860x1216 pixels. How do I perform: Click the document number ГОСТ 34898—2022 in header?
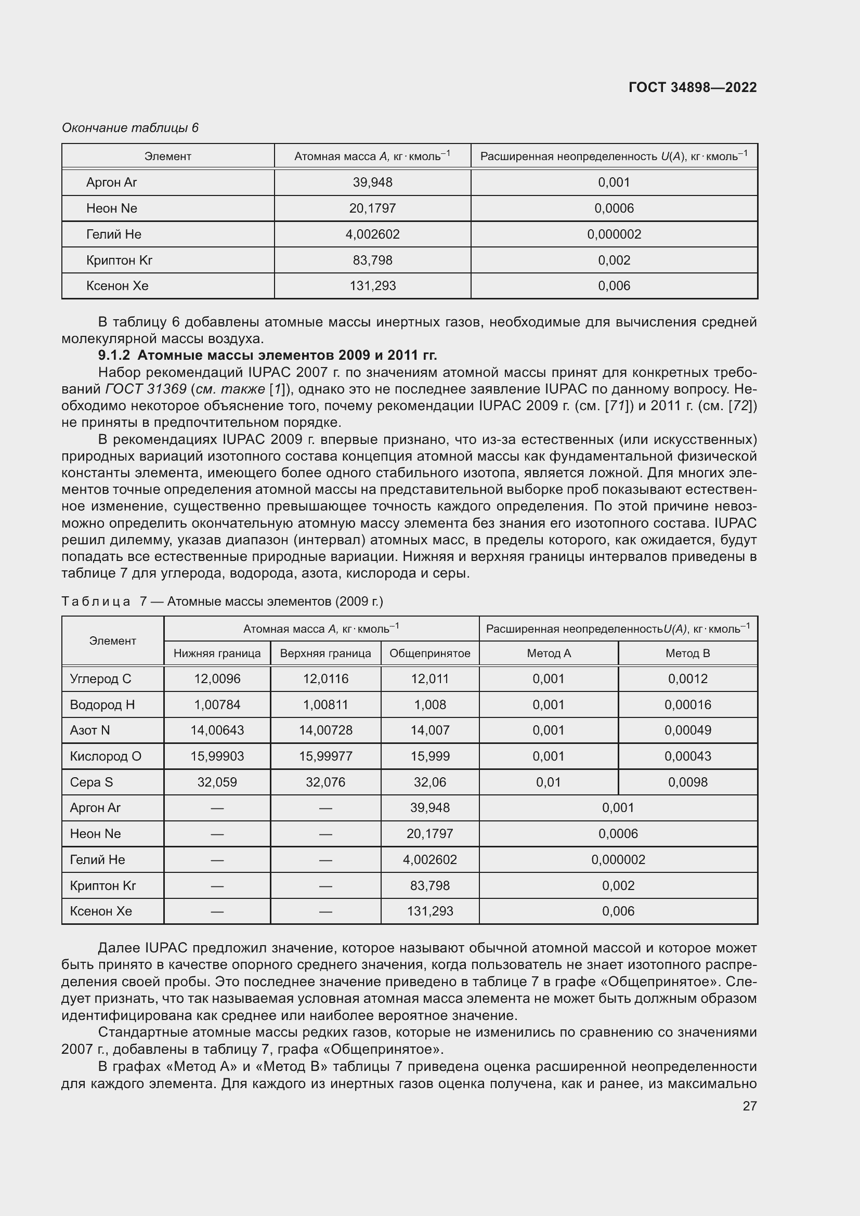pos(692,87)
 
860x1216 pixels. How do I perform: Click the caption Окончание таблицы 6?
pos(130,128)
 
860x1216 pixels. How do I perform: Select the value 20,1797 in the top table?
pos(372,208)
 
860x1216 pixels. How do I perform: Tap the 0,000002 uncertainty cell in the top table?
pos(614,234)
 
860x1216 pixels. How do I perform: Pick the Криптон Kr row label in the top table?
pos(119,260)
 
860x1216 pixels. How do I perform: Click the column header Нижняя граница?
pos(217,653)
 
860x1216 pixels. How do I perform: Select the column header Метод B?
pos(687,653)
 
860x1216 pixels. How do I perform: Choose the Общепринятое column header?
pos(429,653)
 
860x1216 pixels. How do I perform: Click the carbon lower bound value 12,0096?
pos(217,678)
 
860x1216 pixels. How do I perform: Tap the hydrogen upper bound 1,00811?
pos(325,704)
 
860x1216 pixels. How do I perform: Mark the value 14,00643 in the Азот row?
pos(217,730)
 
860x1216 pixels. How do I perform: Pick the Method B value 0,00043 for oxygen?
pos(687,756)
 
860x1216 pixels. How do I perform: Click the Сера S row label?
pos(91,782)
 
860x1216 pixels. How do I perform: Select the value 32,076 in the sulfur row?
pos(325,782)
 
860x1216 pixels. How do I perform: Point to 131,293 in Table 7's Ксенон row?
pos(429,911)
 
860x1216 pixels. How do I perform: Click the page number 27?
pos(749,1106)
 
